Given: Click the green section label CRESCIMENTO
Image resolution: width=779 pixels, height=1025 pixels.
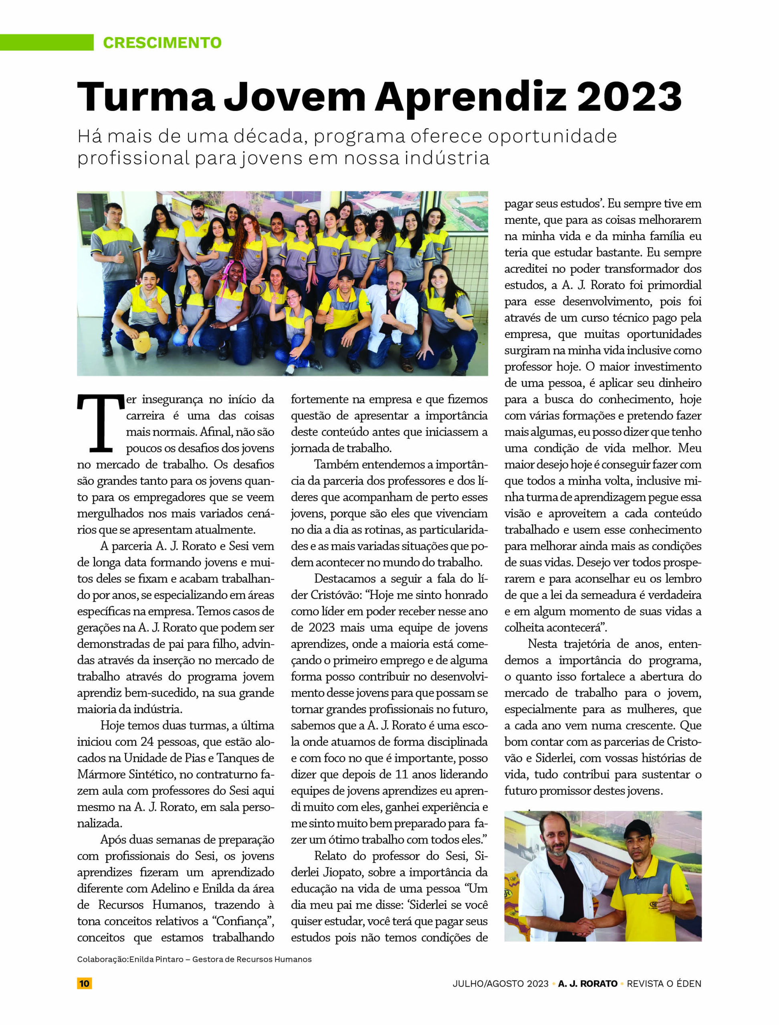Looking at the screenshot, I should point(162,42).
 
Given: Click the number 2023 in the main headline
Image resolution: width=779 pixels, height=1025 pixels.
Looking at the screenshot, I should point(629,97).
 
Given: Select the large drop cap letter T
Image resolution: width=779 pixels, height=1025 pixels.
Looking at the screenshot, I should point(101,422).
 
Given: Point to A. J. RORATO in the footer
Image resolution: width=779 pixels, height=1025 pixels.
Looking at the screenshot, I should point(587,983).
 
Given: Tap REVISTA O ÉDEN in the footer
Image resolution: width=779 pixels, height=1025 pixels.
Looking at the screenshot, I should point(664,983).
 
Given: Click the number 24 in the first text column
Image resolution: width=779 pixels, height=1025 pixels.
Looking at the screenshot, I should point(147,742).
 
